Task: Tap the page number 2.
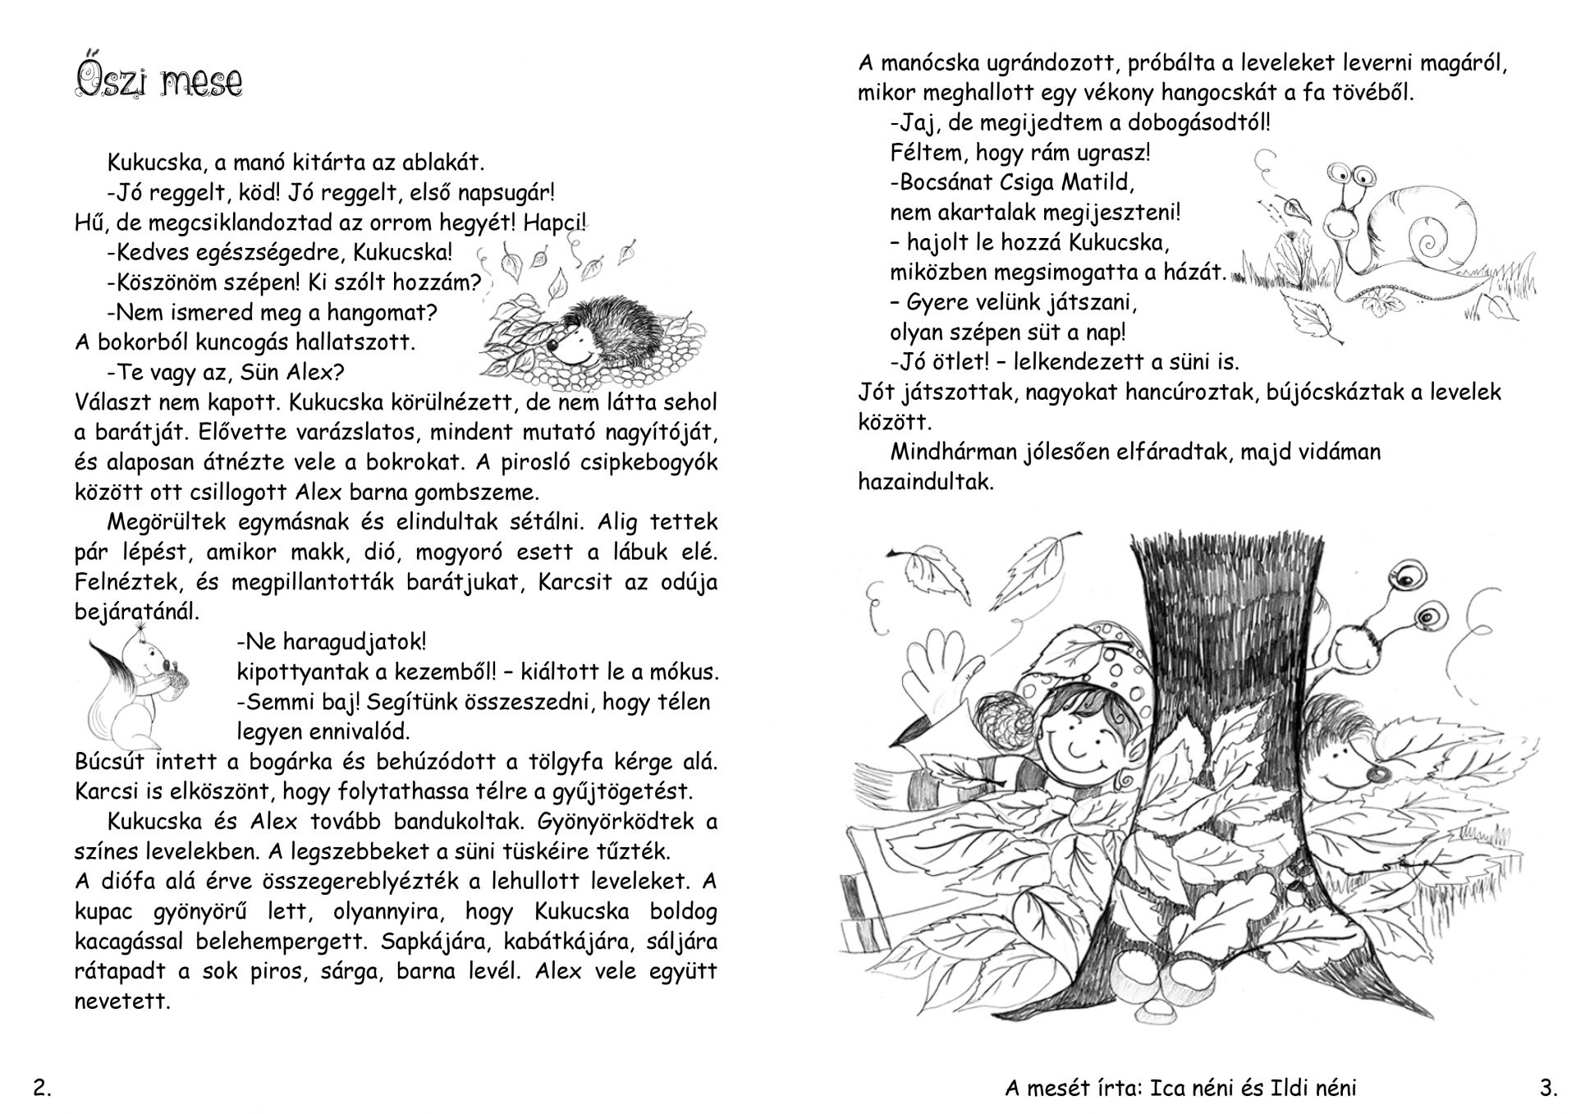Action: click(x=42, y=1089)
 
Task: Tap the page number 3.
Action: click(x=1548, y=1089)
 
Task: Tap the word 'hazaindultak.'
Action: click(x=926, y=482)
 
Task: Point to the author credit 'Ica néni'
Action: click(x=1189, y=1089)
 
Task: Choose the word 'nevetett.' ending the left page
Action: click(x=123, y=1002)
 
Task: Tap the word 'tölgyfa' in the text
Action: click(x=560, y=762)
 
